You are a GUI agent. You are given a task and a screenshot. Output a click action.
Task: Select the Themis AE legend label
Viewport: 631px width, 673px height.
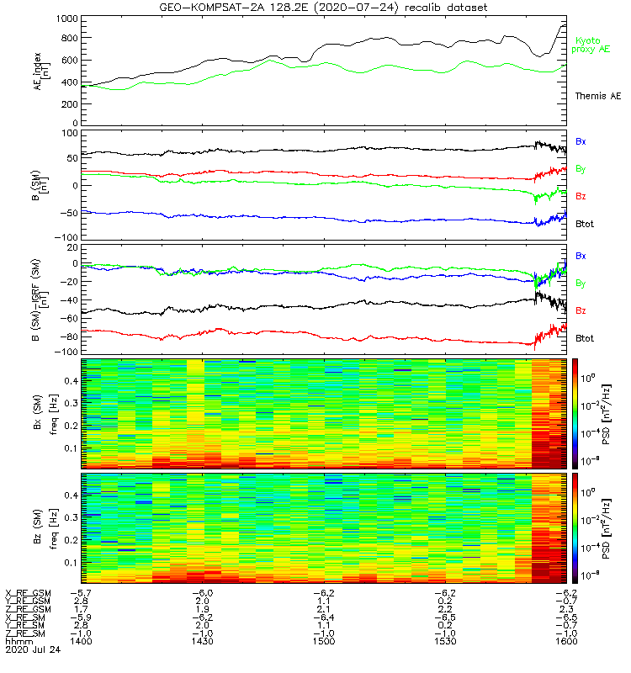598,97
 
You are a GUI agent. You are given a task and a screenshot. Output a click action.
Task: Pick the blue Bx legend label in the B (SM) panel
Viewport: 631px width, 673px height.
581,140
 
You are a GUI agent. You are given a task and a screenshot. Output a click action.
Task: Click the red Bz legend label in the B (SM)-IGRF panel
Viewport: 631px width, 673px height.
581,310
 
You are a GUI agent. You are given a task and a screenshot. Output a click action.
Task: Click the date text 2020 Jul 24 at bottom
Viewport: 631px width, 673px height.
29,649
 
